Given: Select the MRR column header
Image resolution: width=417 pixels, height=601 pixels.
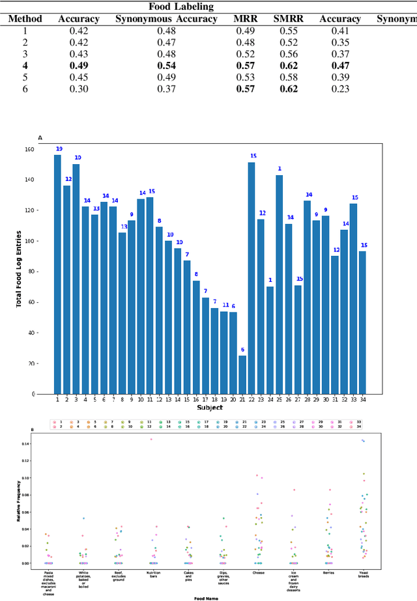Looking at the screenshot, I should [x=245, y=19].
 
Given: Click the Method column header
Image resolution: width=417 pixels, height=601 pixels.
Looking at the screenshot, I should [x=25, y=19].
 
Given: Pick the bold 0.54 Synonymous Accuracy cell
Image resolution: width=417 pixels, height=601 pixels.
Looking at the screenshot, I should [x=166, y=66].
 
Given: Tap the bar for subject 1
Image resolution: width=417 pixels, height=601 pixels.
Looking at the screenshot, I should [x=57, y=273].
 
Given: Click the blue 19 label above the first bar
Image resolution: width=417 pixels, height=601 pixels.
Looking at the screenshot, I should [x=59, y=149].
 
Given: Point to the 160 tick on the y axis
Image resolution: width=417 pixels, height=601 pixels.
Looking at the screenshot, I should [x=29, y=149].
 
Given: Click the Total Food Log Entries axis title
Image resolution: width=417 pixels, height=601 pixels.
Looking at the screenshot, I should [x=20, y=272].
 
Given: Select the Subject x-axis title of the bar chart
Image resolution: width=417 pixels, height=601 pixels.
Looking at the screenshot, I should [x=210, y=408].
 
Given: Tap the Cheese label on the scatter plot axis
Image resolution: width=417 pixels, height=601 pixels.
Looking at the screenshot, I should [x=259, y=573].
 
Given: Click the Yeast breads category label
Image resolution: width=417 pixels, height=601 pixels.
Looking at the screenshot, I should [x=364, y=576].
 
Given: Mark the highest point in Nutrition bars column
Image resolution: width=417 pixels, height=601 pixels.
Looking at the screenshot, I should [x=152, y=439].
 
